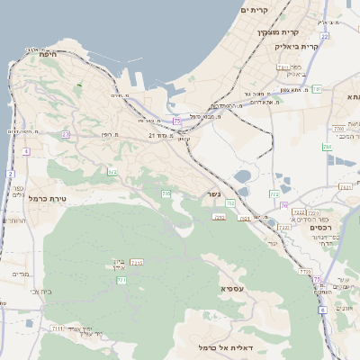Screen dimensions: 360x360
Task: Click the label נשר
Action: tap(212, 193)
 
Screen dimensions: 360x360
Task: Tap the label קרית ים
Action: tap(256, 10)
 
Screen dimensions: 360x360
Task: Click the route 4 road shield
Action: tap(26, 152)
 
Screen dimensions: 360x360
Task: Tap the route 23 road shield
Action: tap(66, 135)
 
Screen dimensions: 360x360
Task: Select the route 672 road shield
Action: tap(112, 172)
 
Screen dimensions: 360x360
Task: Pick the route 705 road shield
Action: tap(166, 193)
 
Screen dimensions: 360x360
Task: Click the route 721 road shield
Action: tap(220, 217)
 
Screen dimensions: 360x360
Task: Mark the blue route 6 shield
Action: tap(322, 310)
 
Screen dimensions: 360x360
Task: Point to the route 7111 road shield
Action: tap(58, 328)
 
